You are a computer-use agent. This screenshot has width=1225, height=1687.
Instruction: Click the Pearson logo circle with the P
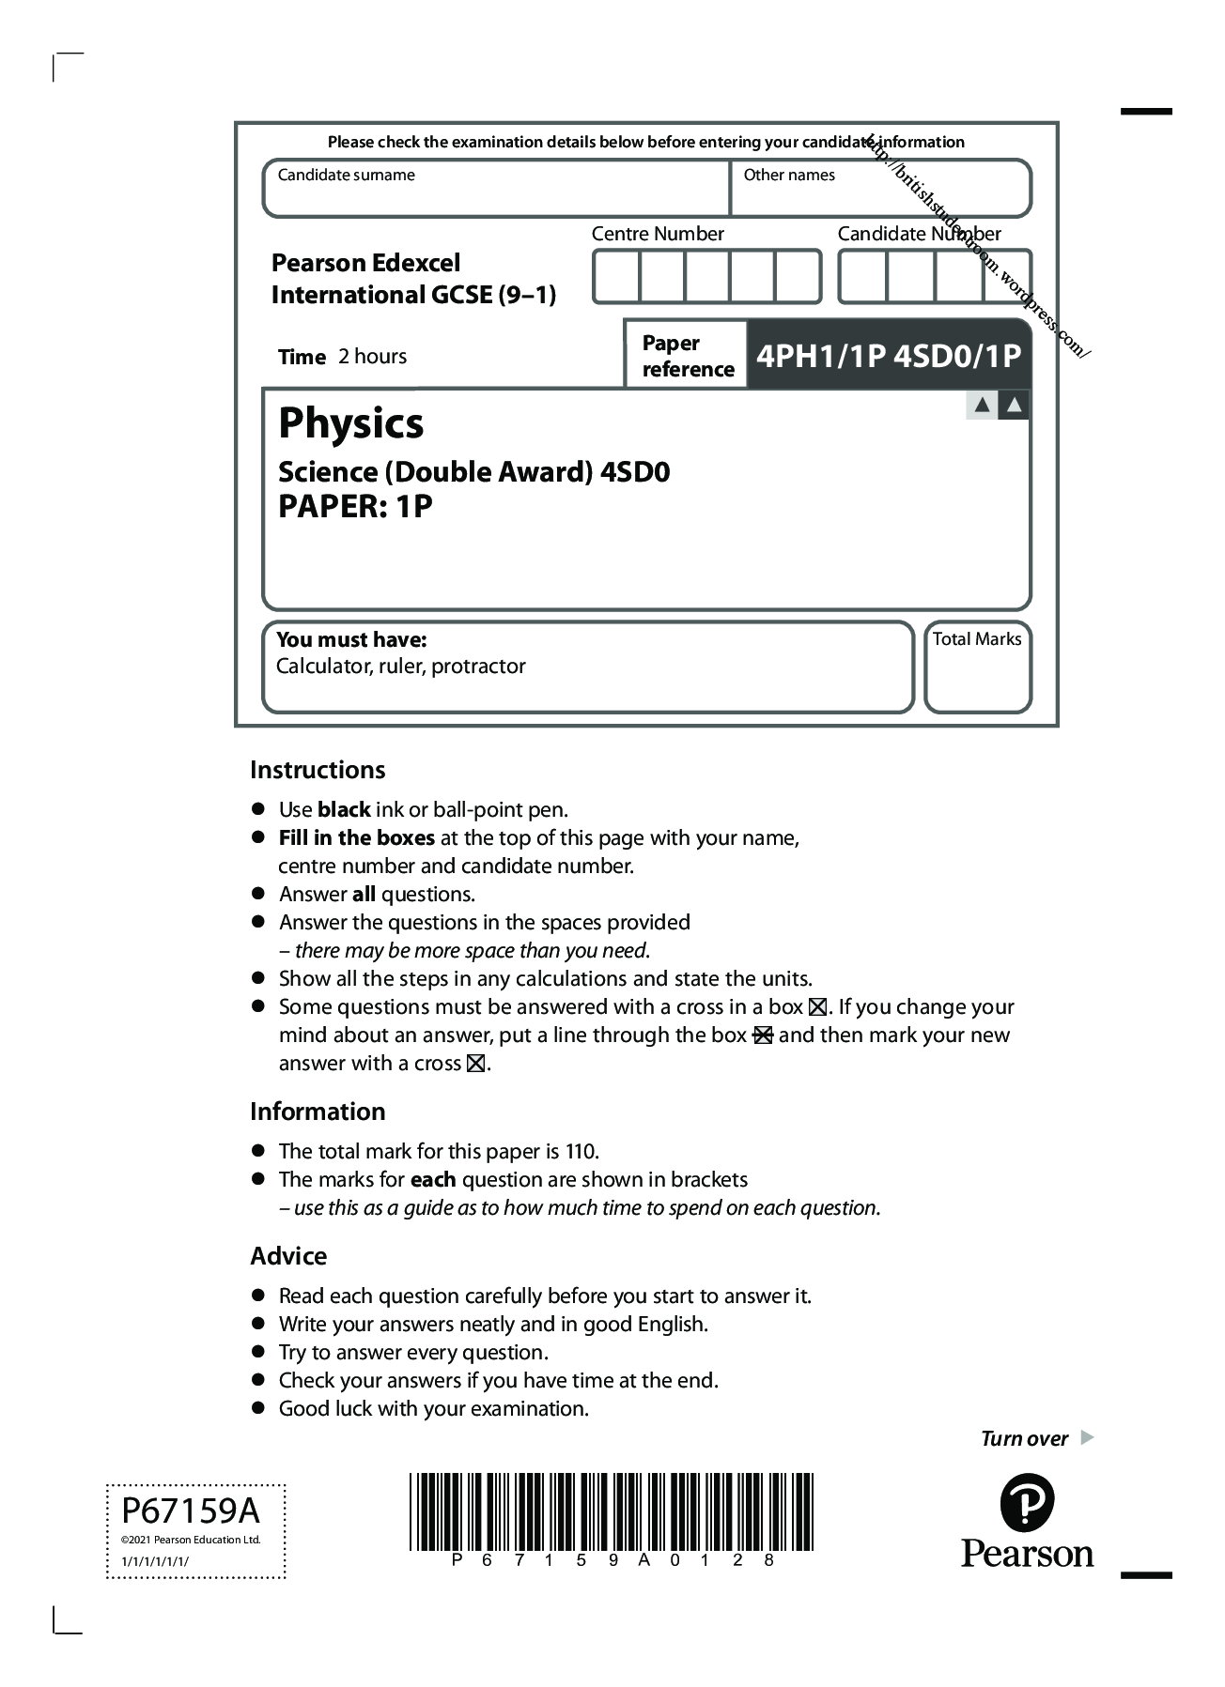(1027, 1503)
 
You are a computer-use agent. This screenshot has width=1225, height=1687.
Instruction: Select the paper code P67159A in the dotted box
(191, 1511)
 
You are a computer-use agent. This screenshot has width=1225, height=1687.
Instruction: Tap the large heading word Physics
(350, 423)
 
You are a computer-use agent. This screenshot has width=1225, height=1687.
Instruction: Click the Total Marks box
(977, 667)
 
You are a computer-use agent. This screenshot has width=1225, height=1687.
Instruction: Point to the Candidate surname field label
(346, 175)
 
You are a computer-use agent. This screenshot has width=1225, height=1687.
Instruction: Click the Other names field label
(789, 175)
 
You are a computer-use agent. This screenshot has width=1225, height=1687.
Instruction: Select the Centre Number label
(658, 234)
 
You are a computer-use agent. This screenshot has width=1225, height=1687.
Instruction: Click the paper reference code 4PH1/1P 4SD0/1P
(888, 356)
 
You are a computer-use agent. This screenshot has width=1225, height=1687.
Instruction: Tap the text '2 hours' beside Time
(373, 357)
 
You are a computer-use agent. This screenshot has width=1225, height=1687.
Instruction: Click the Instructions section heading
(318, 770)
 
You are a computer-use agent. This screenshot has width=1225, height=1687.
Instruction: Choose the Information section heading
(318, 1112)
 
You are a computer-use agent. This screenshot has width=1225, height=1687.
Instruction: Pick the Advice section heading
(288, 1256)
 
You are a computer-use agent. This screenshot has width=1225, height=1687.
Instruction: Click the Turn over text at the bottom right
(1024, 1439)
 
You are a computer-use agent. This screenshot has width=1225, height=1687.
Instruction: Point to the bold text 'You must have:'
(351, 640)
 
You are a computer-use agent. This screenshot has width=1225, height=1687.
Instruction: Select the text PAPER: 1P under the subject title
(355, 507)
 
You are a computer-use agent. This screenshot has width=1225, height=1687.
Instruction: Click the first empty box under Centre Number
(617, 277)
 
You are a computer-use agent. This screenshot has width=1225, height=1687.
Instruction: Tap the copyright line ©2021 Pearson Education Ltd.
(191, 1540)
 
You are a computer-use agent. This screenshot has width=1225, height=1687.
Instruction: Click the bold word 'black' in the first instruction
(344, 810)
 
